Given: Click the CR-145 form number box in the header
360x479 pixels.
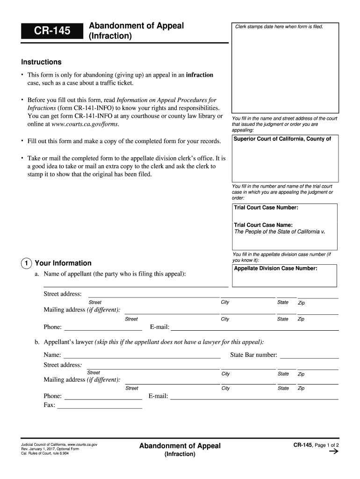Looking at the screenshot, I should pyautogui.click(x=51, y=31).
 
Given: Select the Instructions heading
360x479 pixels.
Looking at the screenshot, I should pyautogui.click(x=41, y=62).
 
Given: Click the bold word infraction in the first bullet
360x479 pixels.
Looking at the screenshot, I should pyautogui.click(x=200, y=75).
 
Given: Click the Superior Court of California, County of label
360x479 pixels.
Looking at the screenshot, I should pyautogui.click(x=282, y=139).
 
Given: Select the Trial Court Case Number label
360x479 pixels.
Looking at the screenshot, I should pyautogui.click(x=266, y=208).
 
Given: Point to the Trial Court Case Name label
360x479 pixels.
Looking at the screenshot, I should pyautogui.click(x=263, y=225).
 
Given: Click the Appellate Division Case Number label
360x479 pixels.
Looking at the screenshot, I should pyautogui.click(x=275, y=269).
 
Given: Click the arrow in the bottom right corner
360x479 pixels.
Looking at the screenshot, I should pyautogui.click(x=334, y=452).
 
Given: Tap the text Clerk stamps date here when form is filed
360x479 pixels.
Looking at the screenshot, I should pyautogui.click(x=279, y=27).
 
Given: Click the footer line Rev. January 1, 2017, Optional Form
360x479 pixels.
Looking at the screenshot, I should pyautogui.click(x=47, y=449).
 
